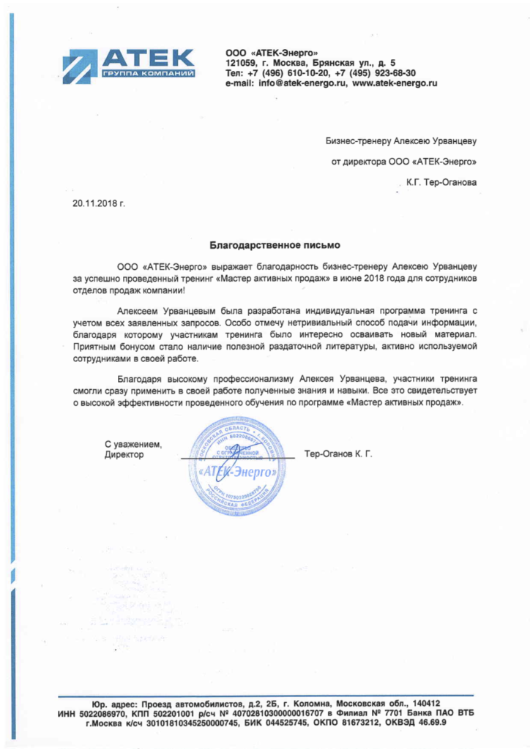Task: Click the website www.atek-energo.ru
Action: (x=395, y=83)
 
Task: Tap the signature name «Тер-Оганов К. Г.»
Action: (x=338, y=454)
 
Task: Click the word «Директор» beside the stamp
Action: (x=124, y=454)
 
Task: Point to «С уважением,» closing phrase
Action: (x=133, y=444)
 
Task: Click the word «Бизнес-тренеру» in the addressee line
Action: (x=358, y=140)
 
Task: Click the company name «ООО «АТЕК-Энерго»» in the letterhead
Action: (x=272, y=53)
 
